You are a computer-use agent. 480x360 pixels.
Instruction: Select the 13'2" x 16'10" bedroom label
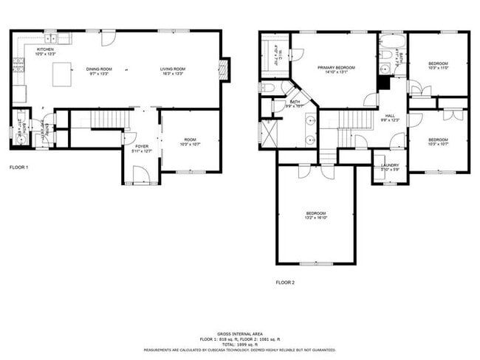[x=316, y=215]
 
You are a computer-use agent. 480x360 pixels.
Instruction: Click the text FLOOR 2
[x=285, y=283]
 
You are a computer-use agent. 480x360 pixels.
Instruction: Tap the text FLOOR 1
[x=18, y=167]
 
